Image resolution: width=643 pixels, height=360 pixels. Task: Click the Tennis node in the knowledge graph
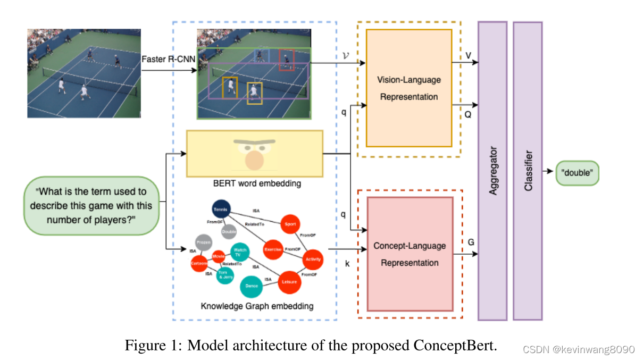click(x=220, y=210)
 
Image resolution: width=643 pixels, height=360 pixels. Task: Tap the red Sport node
click(x=290, y=224)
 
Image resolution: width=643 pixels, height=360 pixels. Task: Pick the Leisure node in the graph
click(x=289, y=282)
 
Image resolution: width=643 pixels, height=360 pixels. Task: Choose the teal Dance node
click(x=252, y=286)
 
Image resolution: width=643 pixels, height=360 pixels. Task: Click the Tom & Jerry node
click(x=225, y=275)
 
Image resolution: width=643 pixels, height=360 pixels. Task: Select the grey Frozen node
click(x=203, y=242)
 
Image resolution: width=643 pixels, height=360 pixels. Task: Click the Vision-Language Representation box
click(x=408, y=88)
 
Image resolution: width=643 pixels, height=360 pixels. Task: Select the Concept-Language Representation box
click(x=409, y=254)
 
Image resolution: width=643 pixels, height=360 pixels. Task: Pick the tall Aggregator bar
click(x=492, y=170)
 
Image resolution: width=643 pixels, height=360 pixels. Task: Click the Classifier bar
click(x=528, y=170)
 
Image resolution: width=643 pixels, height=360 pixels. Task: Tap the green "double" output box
click(x=577, y=173)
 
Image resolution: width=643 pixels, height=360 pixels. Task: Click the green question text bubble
click(x=91, y=205)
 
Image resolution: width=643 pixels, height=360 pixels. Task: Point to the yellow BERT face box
click(x=255, y=153)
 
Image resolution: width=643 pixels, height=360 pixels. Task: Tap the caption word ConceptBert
click(x=454, y=345)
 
